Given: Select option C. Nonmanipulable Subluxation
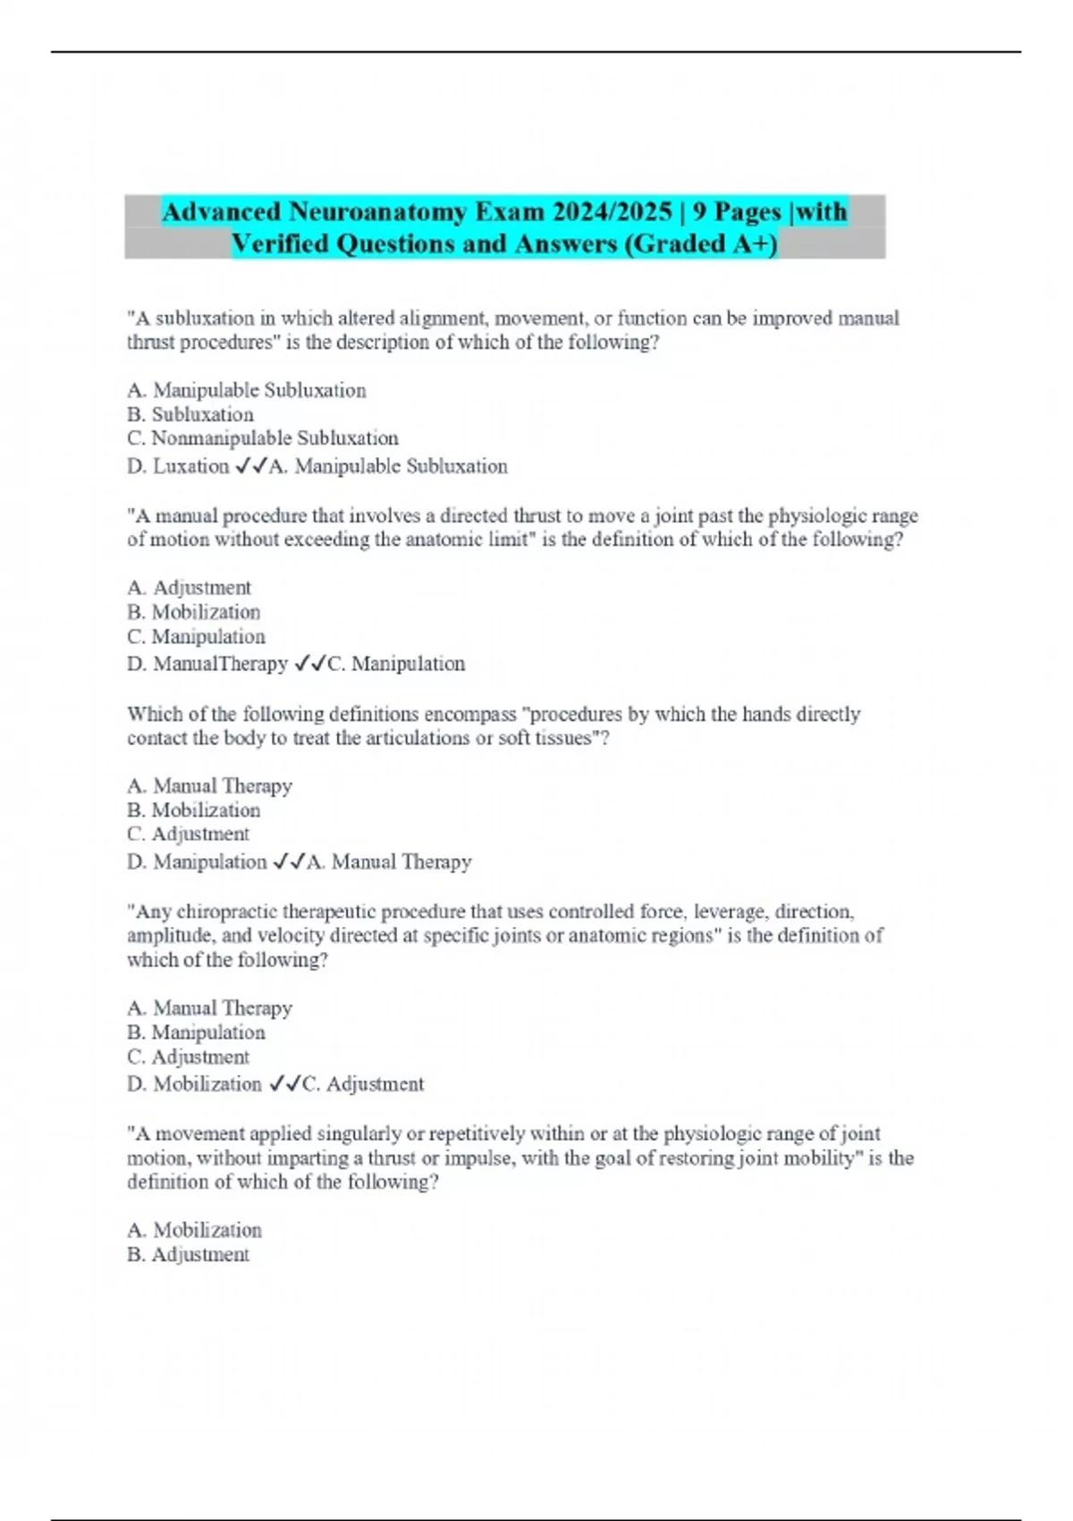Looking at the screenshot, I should (x=263, y=438).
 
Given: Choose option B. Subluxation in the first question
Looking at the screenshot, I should (x=190, y=414).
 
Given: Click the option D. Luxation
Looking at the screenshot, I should (x=179, y=466).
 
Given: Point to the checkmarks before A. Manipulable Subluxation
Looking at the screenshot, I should (x=250, y=466).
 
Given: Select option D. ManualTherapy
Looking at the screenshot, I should (x=207, y=664).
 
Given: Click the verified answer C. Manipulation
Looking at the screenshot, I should (x=396, y=664).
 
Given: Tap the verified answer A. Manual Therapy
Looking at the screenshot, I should (x=389, y=862).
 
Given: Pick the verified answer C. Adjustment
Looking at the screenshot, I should (x=363, y=1084).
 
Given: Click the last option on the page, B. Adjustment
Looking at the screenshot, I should (x=189, y=1254).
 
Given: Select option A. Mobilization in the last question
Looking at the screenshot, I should (x=195, y=1230).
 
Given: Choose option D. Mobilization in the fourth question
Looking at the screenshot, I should (x=195, y=1084).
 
